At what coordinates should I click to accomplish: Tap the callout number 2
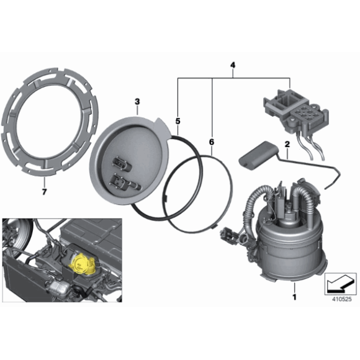tap(287, 145)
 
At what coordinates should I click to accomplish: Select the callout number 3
tap(137, 101)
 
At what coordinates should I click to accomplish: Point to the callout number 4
tap(233, 65)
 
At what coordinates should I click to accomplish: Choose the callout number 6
tap(211, 142)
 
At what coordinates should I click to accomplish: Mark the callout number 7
tap(44, 185)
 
